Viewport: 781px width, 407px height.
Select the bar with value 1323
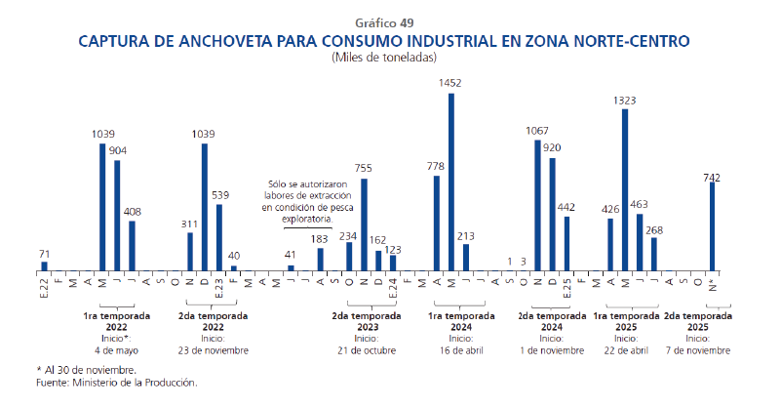[625, 189]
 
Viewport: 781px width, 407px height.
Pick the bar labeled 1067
[537, 205]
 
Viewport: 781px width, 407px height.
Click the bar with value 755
[365, 224]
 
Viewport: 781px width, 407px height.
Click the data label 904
[118, 150]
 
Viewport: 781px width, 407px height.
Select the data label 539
[219, 194]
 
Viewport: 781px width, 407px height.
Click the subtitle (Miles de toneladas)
[390, 58]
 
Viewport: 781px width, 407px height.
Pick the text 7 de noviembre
[697, 349]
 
